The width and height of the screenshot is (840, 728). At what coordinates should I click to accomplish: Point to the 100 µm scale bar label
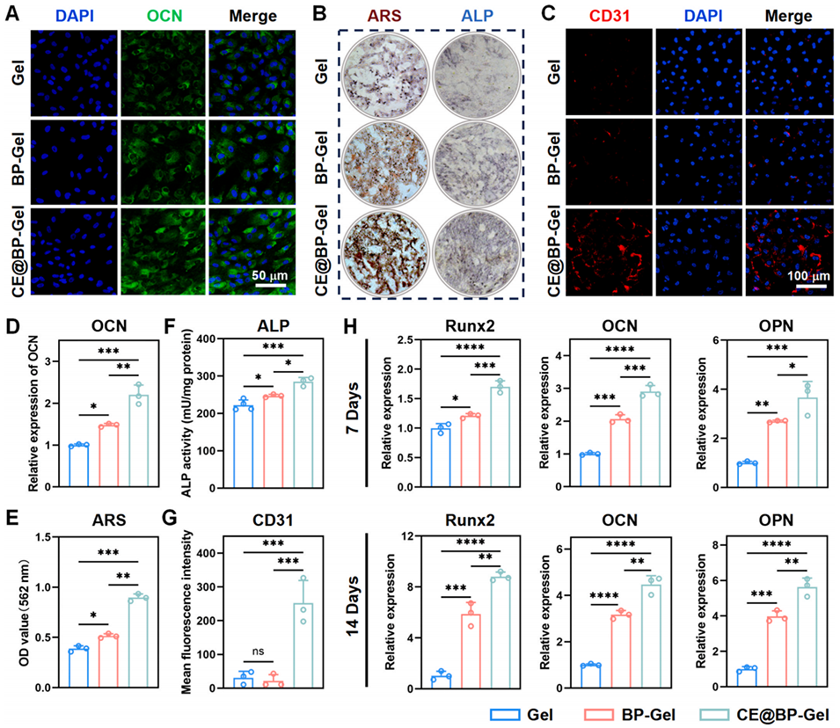coord(805,276)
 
